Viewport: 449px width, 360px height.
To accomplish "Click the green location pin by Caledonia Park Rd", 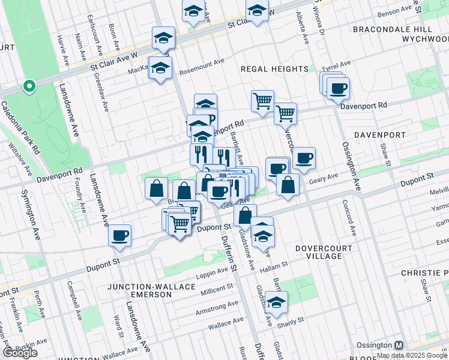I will (28, 87).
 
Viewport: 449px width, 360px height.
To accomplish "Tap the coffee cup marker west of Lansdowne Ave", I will (120, 235).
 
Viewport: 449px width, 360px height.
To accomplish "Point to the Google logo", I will (20, 353).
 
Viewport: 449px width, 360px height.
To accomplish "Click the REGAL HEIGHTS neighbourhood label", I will (274, 69).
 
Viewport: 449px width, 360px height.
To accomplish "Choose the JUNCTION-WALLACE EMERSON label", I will (151, 292).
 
